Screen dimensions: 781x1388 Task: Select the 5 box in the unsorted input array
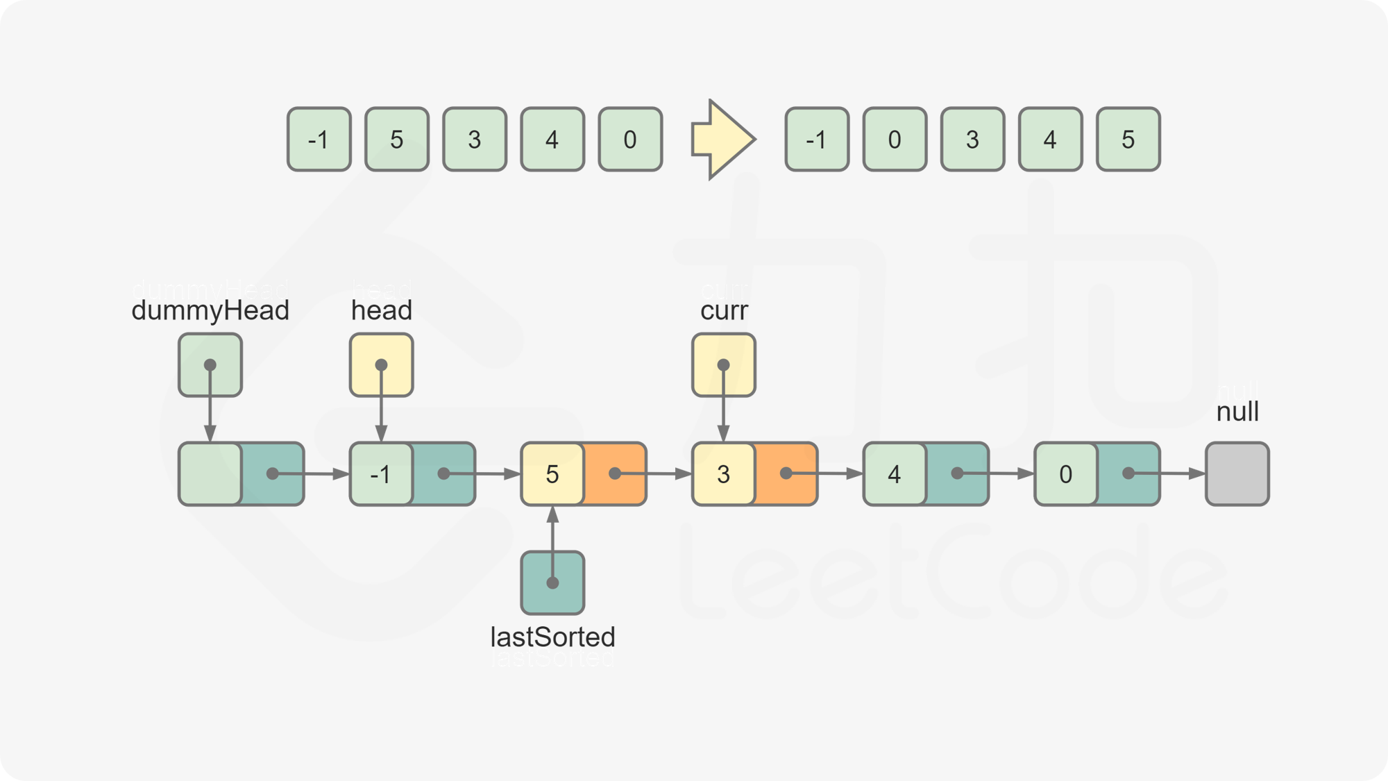(x=397, y=140)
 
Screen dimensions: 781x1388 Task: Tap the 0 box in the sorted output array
(x=895, y=140)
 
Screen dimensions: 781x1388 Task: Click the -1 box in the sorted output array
(x=817, y=140)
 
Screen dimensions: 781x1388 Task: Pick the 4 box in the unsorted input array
(x=552, y=140)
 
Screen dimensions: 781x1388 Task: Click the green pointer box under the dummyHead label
(x=210, y=365)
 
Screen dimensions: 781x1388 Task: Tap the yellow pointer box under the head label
(x=381, y=365)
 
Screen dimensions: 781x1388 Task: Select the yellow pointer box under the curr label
(x=723, y=365)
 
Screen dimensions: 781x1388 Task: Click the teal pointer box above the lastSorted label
(x=552, y=582)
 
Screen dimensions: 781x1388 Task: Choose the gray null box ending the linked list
(x=1237, y=474)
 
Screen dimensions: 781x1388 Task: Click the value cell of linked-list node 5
(x=552, y=474)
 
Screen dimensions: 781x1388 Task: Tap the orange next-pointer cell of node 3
(x=786, y=474)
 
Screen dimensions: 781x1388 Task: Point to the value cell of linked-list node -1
(x=381, y=474)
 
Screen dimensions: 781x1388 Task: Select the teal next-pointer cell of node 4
(x=957, y=474)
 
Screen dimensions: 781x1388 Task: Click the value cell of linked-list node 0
(x=1066, y=474)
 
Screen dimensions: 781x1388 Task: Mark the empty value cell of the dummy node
(x=210, y=474)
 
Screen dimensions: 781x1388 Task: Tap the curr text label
(x=724, y=301)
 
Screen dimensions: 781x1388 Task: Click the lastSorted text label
(x=552, y=646)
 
